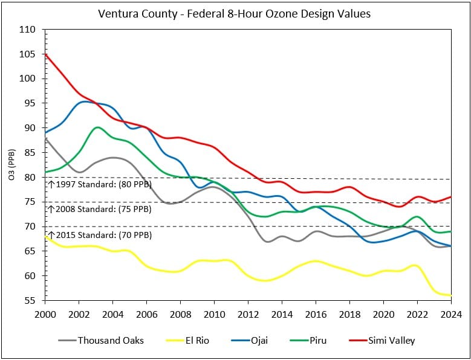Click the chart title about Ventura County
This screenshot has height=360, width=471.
235,13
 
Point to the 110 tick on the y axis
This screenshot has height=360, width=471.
32,30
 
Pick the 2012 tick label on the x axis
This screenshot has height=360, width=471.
248,314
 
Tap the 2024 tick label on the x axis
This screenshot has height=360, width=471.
451,314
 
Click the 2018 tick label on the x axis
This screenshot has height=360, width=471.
350,314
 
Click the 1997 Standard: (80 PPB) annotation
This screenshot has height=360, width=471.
100,184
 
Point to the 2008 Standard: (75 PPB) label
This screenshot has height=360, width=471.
100,209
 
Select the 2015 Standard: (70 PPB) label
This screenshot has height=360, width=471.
100,234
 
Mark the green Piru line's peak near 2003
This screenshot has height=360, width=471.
97,127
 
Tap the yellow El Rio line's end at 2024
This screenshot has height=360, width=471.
451,295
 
